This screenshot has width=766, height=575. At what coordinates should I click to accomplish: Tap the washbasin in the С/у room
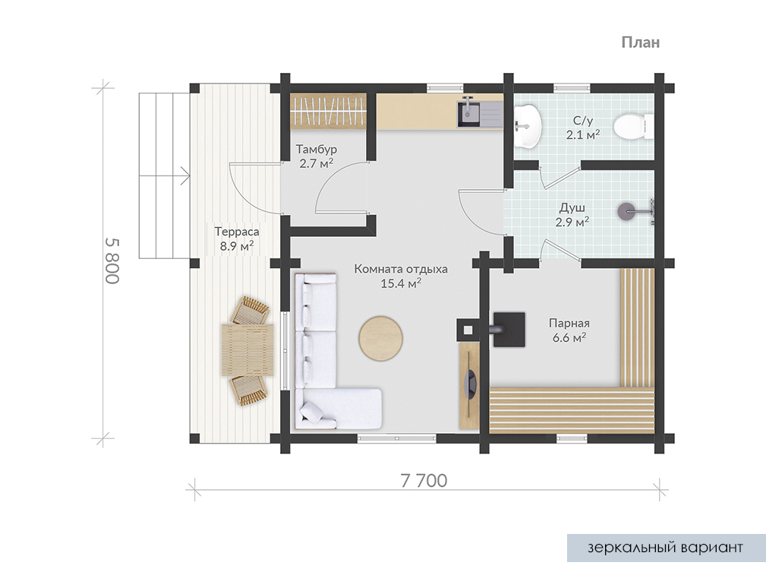pyautogui.click(x=527, y=125)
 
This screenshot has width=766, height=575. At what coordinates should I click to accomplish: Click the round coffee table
pyautogui.click(x=381, y=338)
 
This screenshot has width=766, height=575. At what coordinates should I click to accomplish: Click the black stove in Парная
pyautogui.click(x=509, y=330)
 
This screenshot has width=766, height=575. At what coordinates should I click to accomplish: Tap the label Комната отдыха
pyautogui.click(x=401, y=269)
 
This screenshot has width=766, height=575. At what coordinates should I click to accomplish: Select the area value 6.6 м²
pyautogui.click(x=569, y=337)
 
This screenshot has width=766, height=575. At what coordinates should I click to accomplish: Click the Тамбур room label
pyautogui.click(x=316, y=149)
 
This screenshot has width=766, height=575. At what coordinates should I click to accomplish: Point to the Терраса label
pyautogui.click(x=236, y=232)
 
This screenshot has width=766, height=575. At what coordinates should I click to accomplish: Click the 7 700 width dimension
pyautogui.click(x=424, y=481)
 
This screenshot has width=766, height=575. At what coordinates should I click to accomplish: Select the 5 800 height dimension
pyautogui.click(x=112, y=261)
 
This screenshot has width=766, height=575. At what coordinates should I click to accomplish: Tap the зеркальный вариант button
pyautogui.click(x=666, y=548)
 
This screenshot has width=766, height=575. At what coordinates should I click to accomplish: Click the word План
pyautogui.click(x=641, y=43)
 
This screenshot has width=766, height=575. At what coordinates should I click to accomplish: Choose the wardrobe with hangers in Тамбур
pyautogui.click(x=328, y=112)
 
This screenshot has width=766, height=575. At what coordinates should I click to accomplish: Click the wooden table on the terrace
pyautogui.click(x=247, y=349)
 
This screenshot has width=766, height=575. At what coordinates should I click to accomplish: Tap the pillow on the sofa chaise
pyautogui.click(x=311, y=413)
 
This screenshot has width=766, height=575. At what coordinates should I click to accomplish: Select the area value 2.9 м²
pyautogui.click(x=572, y=222)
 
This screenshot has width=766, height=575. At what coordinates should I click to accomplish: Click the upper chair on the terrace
pyautogui.click(x=250, y=310)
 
